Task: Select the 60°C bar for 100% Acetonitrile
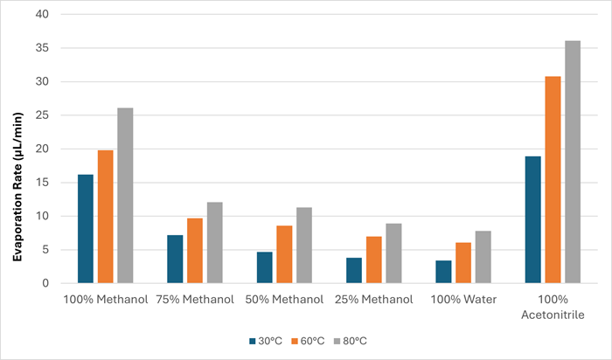(553, 180)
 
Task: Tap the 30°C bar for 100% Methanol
(86, 229)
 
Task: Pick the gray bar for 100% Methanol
(124, 196)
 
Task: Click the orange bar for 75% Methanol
(194, 251)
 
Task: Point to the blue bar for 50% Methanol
(264, 267)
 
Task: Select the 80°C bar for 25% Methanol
(393, 253)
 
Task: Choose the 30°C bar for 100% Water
(443, 272)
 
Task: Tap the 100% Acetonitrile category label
(553, 305)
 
